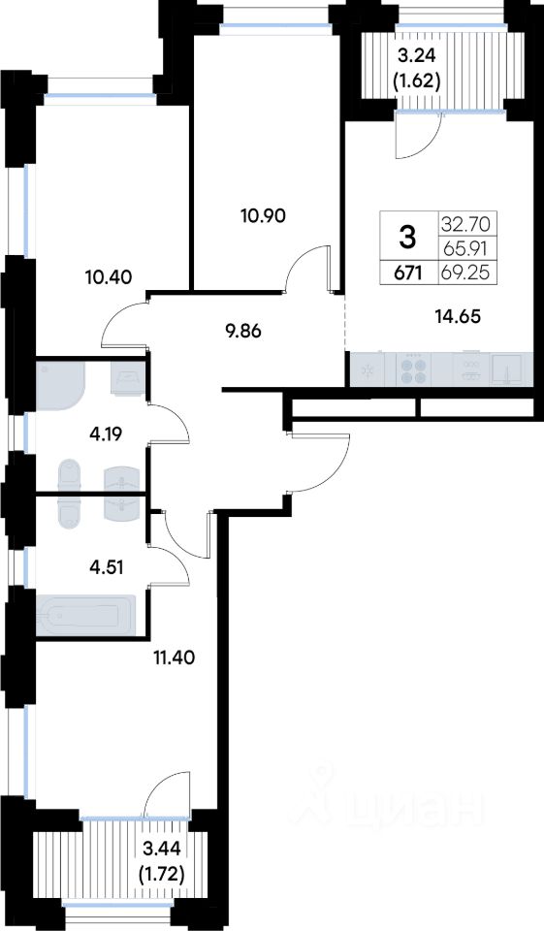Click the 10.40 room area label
(x=108, y=275)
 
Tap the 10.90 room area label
(x=263, y=216)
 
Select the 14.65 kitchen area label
(x=457, y=316)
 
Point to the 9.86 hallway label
(x=240, y=332)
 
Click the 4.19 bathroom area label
(x=107, y=434)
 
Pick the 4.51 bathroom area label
(x=107, y=567)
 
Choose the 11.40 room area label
(x=174, y=658)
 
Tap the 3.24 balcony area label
(x=417, y=56)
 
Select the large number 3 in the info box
(x=408, y=237)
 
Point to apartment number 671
(x=409, y=273)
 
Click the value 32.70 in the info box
(x=465, y=224)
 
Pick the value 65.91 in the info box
(x=465, y=250)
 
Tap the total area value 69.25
(x=465, y=273)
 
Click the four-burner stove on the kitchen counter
(x=414, y=370)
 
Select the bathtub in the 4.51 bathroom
(x=85, y=615)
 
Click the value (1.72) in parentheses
(x=160, y=874)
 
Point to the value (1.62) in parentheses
(x=417, y=80)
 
